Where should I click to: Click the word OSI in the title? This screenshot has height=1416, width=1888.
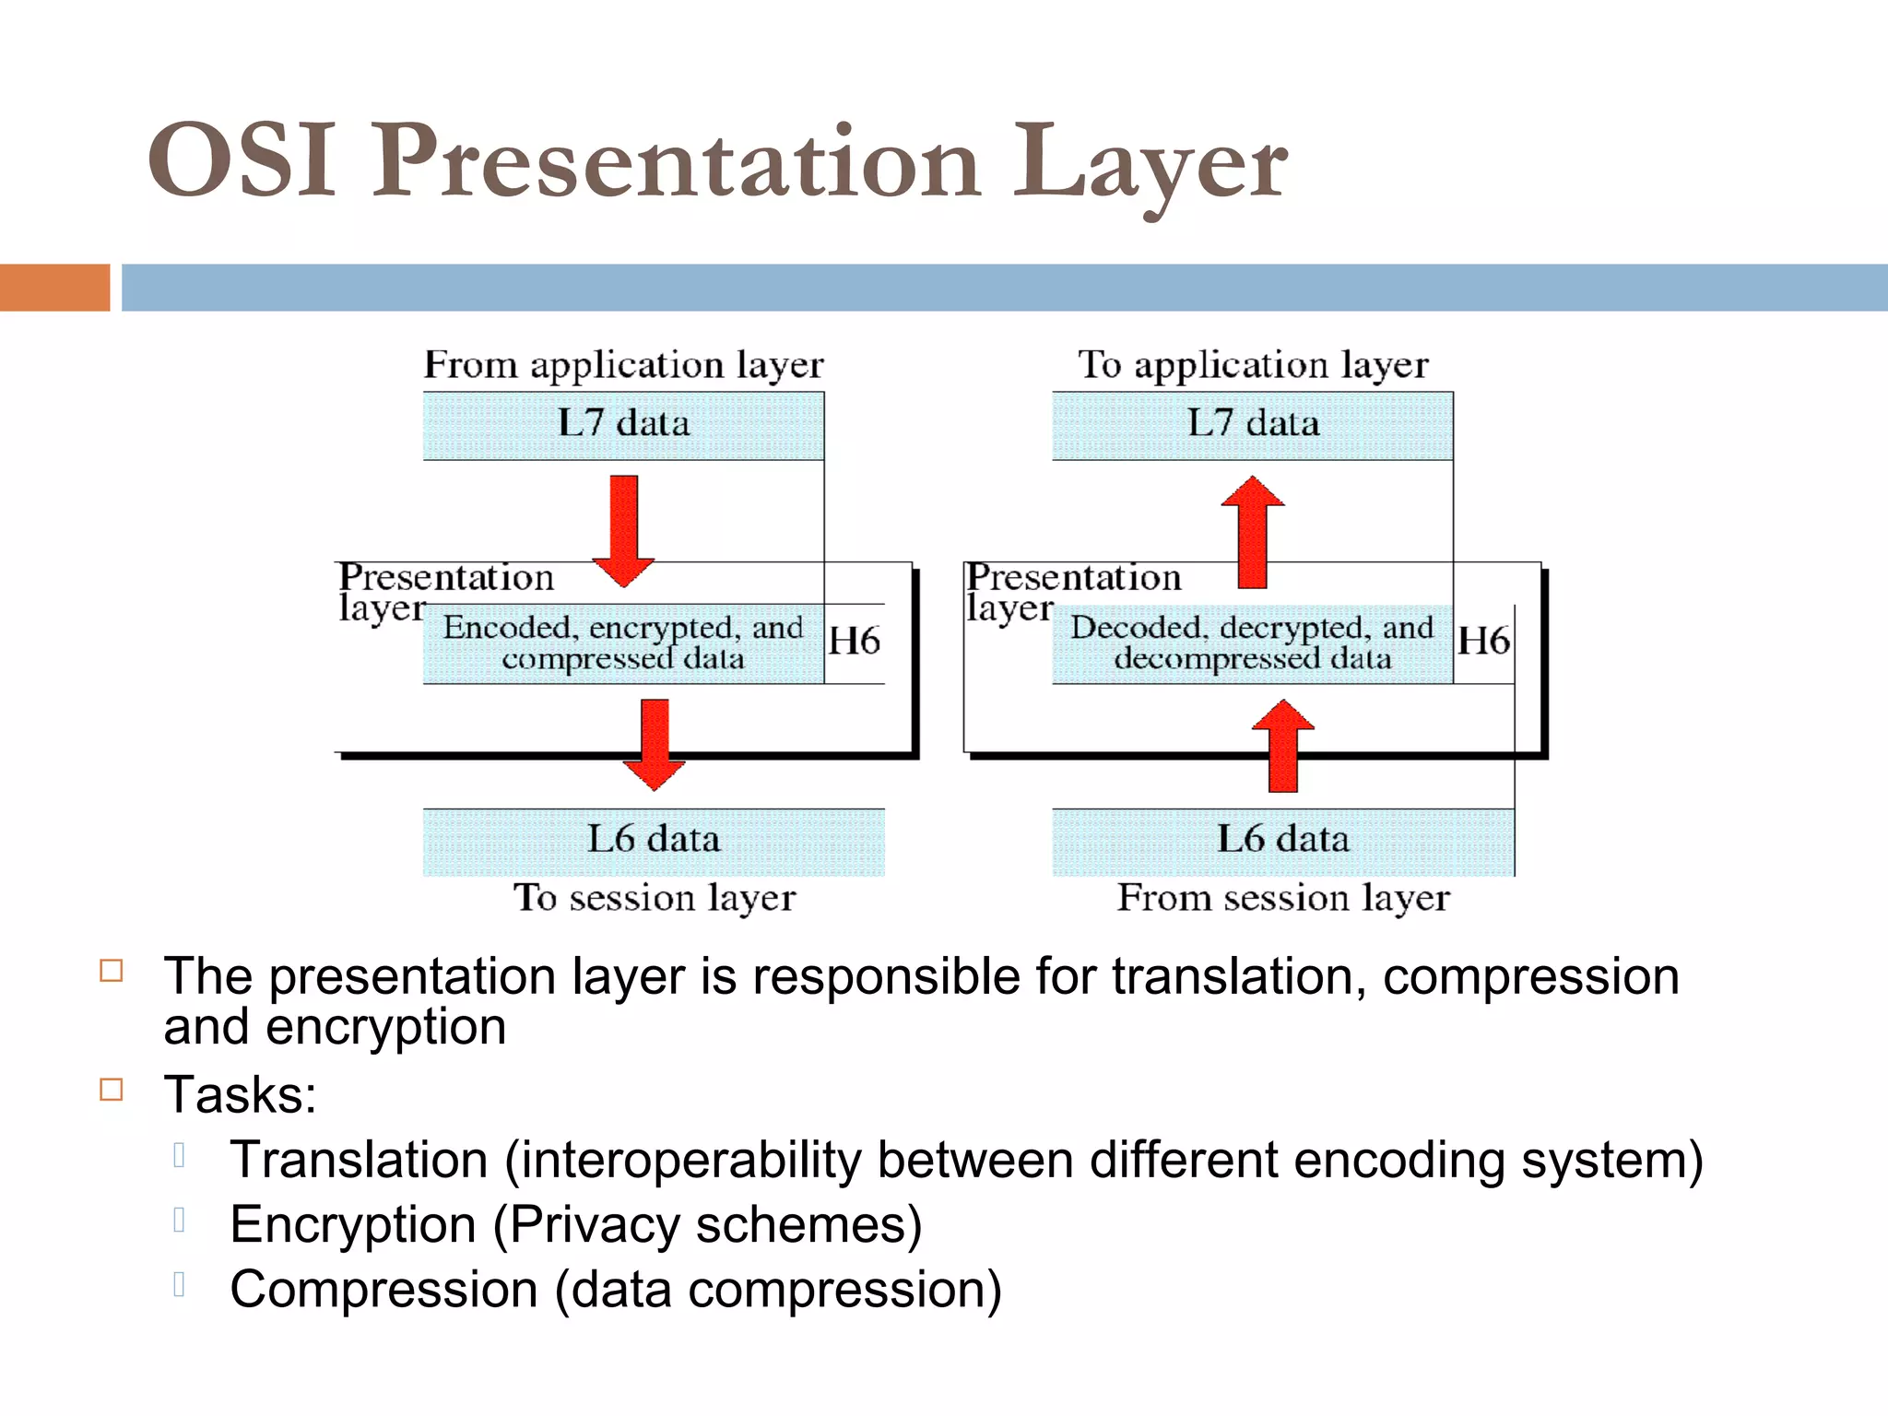(242, 161)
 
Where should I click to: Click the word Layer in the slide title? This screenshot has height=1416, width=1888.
(1150, 164)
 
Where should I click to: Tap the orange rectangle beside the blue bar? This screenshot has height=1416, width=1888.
(54, 287)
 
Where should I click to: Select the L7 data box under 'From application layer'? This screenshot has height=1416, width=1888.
(623, 425)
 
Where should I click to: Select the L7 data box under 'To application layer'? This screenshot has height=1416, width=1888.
(1252, 425)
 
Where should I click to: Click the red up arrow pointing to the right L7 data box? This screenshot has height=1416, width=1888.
(1252, 532)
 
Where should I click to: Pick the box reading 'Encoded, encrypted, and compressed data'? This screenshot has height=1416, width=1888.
(623, 643)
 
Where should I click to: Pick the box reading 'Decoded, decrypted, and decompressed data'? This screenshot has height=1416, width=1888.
(1252, 643)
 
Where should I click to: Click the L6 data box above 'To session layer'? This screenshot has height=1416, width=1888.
(654, 841)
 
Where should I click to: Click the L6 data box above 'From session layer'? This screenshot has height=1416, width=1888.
(1282, 841)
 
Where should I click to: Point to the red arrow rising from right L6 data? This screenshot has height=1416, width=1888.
(1283, 746)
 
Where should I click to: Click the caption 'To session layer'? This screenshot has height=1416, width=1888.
(655, 898)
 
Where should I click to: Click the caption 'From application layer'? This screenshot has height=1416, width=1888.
(623, 365)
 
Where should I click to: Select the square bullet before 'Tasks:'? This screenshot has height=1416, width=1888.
(112, 1090)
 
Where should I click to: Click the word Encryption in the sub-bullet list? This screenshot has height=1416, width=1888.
(353, 1225)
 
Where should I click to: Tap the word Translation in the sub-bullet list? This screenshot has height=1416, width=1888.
(359, 1160)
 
